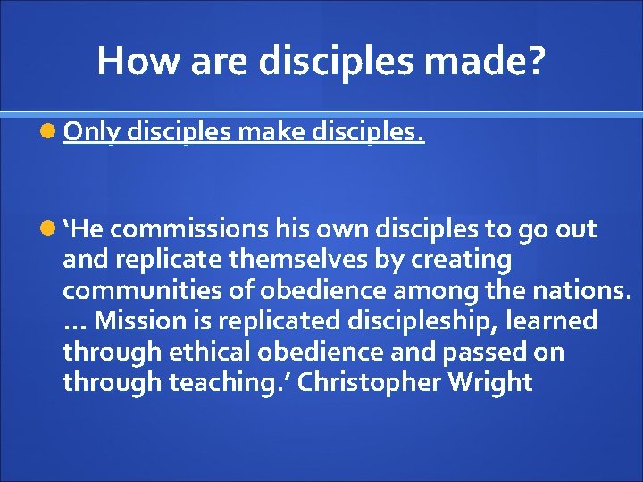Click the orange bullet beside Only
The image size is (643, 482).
(50, 133)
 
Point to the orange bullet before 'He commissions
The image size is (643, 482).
(50, 229)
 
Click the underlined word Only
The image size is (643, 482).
(92, 133)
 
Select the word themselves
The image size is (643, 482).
(278, 260)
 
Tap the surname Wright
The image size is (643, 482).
(491, 382)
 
